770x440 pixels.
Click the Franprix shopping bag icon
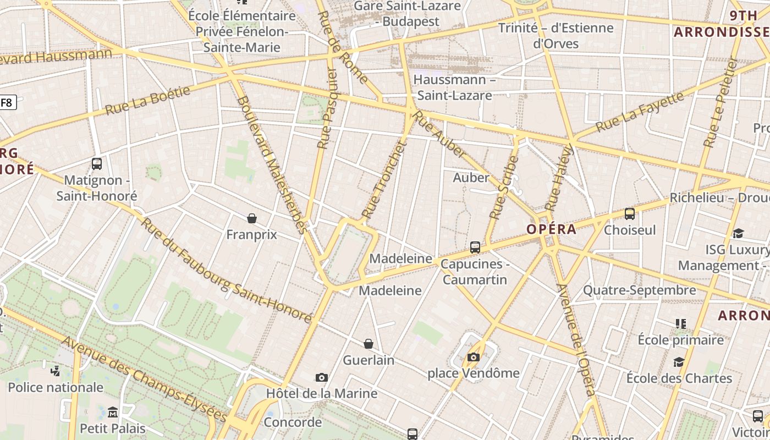click(x=252, y=219)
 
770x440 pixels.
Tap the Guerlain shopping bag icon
click(x=369, y=344)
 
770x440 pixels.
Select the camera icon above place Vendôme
click(x=473, y=358)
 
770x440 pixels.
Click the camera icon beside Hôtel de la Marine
click(x=322, y=378)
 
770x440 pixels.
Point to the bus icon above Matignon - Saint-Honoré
click(x=97, y=164)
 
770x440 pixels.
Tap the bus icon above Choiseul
click(x=630, y=214)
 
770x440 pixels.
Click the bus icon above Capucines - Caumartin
click(x=475, y=248)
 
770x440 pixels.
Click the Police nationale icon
click(x=55, y=371)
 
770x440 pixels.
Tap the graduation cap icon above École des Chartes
click(x=679, y=362)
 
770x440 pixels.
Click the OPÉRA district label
click(x=551, y=229)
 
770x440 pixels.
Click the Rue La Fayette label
click(x=640, y=112)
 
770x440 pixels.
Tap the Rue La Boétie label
click(x=147, y=100)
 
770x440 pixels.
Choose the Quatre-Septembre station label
click(x=639, y=290)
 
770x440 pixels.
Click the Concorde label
click(x=293, y=422)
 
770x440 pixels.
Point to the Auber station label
click(x=471, y=178)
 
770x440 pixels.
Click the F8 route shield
click(x=7, y=102)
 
